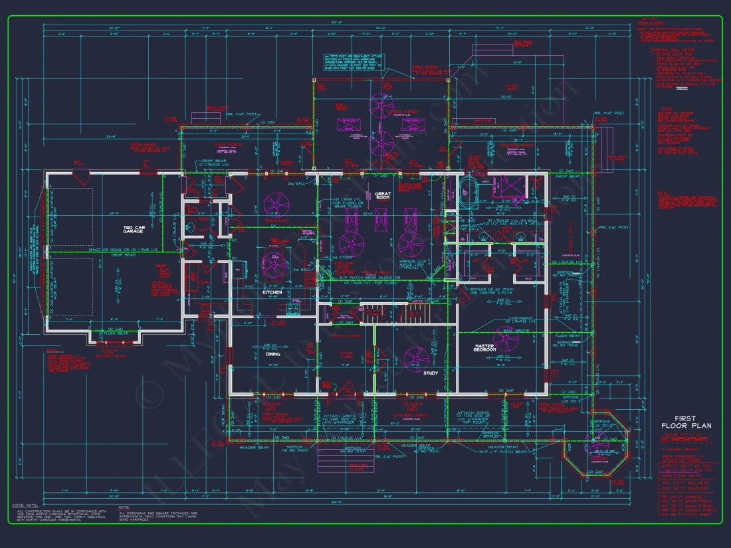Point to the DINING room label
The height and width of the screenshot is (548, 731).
click(x=273, y=354)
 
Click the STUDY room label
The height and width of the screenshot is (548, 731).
click(x=431, y=373)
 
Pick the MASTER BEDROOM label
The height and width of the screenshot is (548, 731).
click(x=494, y=347)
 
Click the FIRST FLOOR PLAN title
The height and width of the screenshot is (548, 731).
click(x=684, y=421)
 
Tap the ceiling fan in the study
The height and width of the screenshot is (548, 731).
click(x=417, y=359)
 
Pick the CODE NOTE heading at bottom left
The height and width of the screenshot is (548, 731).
click(x=23, y=505)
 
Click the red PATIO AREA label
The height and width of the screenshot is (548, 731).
click(x=512, y=87)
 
